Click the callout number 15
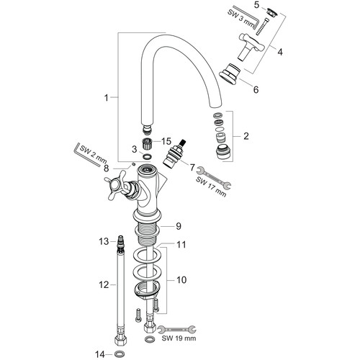point(166,141)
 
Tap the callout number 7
point(192,167)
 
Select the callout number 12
point(104,285)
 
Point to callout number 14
point(100,354)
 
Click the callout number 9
point(179,226)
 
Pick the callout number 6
point(256,90)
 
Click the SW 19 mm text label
point(179,338)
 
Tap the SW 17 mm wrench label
point(211,186)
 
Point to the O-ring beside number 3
point(147,157)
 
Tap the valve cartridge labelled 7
point(175,153)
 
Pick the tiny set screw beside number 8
point(134,164)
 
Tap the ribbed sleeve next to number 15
point(147,144)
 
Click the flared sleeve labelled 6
point(230,73)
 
